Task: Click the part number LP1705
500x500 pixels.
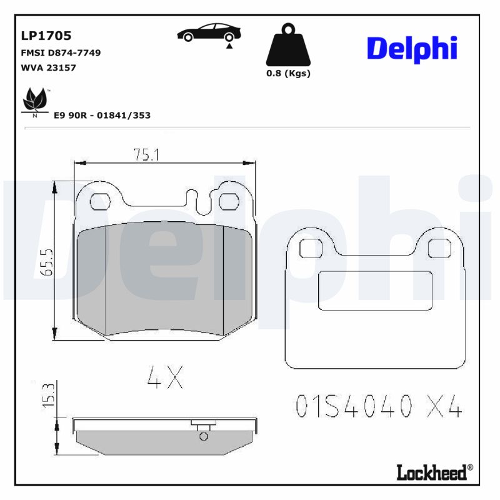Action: (46, 36)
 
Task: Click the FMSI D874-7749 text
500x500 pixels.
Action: (61, 53)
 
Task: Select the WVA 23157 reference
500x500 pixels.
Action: (49, 67)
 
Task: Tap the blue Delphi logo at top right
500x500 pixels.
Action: (412, 48)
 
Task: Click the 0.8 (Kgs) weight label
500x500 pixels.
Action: (288, 73)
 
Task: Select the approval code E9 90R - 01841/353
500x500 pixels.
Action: (102, 116)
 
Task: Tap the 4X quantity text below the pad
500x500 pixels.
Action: (165, 376)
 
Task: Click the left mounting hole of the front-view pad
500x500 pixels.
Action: (99, 201)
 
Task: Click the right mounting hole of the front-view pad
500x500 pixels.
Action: (229, 201)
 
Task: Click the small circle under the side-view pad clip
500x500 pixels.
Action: (202, 436)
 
